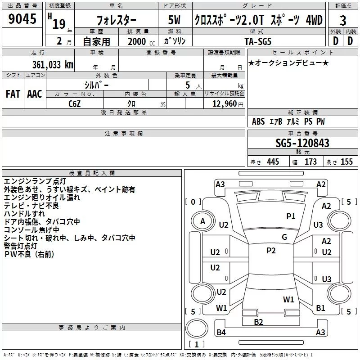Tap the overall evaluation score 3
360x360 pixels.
point(343,20)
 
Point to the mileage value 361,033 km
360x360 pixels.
point(53,64)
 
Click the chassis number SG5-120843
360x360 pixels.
point(302,143)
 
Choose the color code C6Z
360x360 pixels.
point(75,103)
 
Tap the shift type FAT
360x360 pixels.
point(13,94)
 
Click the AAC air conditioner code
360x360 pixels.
point(35,94)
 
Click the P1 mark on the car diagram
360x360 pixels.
point(291,216)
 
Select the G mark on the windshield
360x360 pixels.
point(284,237)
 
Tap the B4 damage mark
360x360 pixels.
point(221,333)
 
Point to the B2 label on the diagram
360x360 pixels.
point(258,322)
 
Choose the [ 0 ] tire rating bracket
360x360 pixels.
point(193,202)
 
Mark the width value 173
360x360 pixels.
point(310,162)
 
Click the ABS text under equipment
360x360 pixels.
point(258,121)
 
